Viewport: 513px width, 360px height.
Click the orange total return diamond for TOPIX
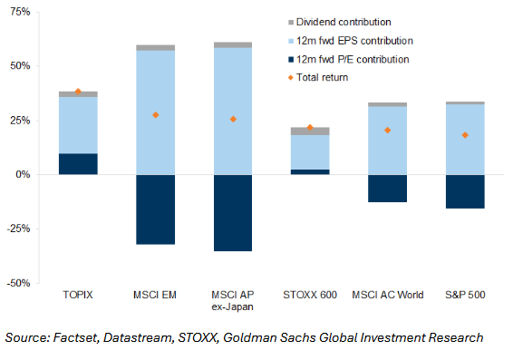click(78, 92)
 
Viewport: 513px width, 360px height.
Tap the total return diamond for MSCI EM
click(155, 115)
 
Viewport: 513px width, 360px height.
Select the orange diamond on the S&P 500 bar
click(465, 135)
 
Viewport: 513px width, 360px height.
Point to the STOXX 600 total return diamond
click(310, 127)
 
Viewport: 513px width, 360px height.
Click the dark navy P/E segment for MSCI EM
click(155, 209)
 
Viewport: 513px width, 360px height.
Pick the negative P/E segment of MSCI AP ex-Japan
click(233, 213)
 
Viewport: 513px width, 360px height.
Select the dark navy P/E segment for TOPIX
click(78, 164)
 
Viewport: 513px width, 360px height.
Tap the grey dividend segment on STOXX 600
click(310, 131)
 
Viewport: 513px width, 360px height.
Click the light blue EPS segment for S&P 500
click(465, 140)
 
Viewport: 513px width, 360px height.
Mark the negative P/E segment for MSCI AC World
click(387, 189)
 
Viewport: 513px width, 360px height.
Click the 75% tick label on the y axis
click(20, 12)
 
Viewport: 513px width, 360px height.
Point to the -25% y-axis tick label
click(18, 229)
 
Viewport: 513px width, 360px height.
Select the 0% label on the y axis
click(23, 174)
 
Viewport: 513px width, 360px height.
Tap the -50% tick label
click(18, 283)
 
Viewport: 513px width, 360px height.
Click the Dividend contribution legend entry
click(340, 22)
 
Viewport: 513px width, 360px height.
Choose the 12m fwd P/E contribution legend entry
click(348, 59)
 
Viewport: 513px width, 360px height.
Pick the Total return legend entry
click(318, 78)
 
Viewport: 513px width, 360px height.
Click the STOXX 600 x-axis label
click(310, 295)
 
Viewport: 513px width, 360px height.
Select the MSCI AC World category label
click(388, 295)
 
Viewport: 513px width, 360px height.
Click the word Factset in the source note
click(75, 337)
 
